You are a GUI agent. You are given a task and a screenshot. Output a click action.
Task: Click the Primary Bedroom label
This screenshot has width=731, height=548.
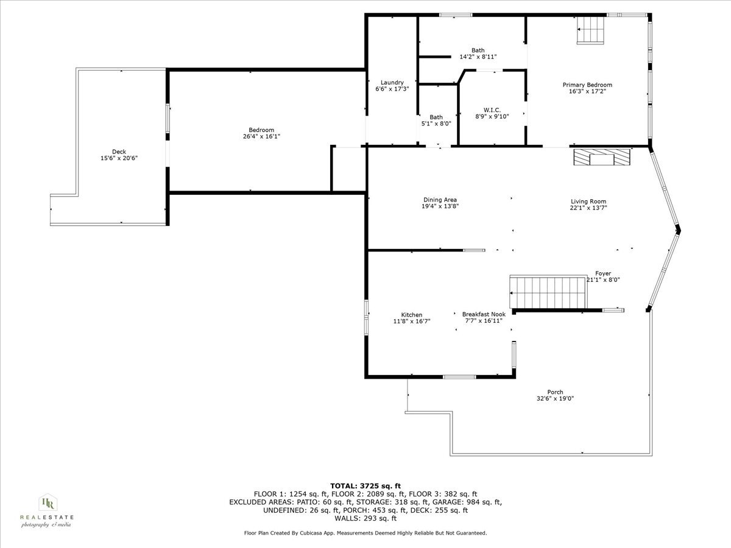pyautogui.click(x=587, y=85)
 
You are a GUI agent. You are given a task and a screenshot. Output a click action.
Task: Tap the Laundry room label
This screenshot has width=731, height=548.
pyautogui.click(x=392, y=82)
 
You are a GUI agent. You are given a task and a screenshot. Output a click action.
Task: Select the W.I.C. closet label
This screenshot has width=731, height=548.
pyautogui.click(x=492, y=110)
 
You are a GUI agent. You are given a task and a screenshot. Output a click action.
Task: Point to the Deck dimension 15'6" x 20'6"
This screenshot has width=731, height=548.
pyautogui.click(x=119, y=158)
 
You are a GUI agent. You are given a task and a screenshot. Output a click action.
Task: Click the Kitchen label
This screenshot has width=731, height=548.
pyautogui.click(x=411, y=315)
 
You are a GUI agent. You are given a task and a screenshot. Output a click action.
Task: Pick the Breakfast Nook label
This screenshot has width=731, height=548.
pyautogui.click(x=484, y=314)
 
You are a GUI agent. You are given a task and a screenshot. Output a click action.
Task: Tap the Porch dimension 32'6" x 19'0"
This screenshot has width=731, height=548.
pyautogui.click(x=555, y=399)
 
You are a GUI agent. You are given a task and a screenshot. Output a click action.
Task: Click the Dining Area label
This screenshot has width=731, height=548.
pyautogui.click(x=440, y=200)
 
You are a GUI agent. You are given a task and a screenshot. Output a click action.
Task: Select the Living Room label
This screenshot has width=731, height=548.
pyautogui.click(x=588, y=202)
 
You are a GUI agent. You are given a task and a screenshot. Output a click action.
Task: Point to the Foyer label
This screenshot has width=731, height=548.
pyautogui.click(x=602, y=274)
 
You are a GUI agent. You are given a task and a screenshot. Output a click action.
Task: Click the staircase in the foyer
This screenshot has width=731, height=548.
pyautogui.click(x=548, y=292)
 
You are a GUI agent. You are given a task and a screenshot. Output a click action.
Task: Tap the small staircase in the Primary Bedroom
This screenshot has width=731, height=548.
pyautogui.click(x=590, y=29)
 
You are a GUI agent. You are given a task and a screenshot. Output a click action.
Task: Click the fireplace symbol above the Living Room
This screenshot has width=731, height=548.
pyautogui.click(x=602, y=158)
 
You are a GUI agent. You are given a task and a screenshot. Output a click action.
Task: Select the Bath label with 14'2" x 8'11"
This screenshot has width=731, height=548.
pyautogui.click(x=478, y=51)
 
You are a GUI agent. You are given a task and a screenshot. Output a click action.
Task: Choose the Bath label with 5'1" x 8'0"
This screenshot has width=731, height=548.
pyautogui.click(x=436, y=117)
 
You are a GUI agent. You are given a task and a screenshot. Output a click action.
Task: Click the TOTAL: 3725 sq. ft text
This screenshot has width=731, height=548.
pyautogui.click(x=365, y=485)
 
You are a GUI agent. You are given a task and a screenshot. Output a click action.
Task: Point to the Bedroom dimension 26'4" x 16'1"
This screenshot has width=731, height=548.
pyautogui.click(x=261, y=136)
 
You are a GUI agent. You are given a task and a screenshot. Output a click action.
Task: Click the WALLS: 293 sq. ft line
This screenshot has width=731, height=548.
pyautogui.click(x=365, y=519)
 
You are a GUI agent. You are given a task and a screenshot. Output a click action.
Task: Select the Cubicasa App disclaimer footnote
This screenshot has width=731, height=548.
pyautogui.click(x=365, y=533)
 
